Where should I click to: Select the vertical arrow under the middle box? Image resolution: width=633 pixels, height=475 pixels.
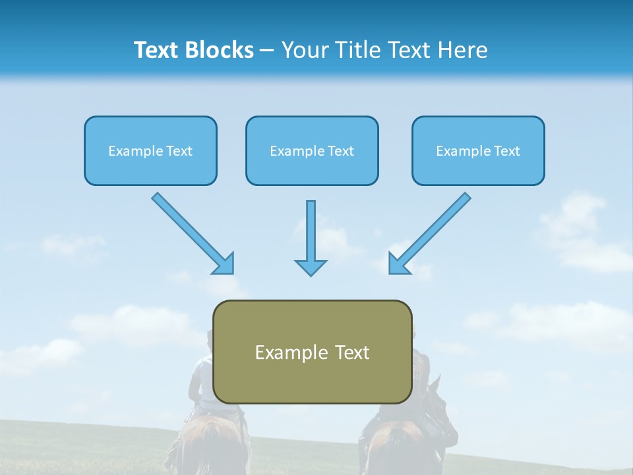tap(311, 231)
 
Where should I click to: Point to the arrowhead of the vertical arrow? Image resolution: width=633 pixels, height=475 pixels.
tap(311, 267)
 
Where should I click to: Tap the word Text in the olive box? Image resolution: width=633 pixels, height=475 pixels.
tap(352, 352)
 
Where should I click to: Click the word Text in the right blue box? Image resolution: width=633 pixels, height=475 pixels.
tap(506, 151)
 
